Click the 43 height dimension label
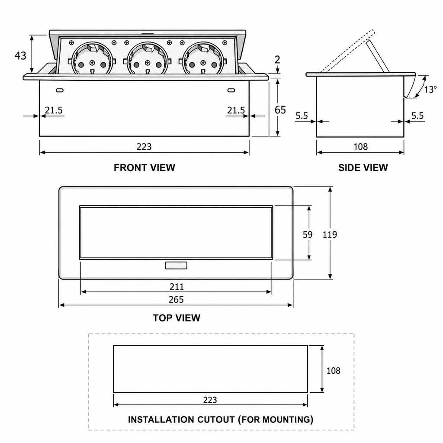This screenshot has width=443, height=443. [20, 56]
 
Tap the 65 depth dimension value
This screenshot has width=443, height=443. [280, 110]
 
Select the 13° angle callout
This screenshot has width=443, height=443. [430, 90]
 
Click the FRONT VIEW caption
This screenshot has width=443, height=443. [144, 167]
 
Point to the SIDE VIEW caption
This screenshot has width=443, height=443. [363, 167]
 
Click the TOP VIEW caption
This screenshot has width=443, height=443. [177, 318]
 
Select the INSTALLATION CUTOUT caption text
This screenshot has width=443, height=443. [221, 420]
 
